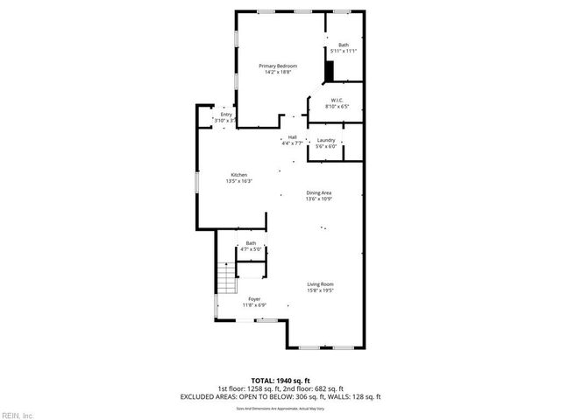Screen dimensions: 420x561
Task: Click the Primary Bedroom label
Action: pyautogui.click(x=277, y=66)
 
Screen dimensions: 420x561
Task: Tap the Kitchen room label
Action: pyautogui.click(x=239, y=175)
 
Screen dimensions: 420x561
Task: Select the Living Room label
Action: pyautogui.click(x=320, y=284)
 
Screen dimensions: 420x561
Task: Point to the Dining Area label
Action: pyautogui.click(x=318, y=192)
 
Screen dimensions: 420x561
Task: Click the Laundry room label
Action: pyautogui.click(x=326, y=140)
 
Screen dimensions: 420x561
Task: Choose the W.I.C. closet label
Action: pyautogui.click(x=337, y=101)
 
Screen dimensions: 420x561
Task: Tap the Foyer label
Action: pyautogui.click(x=253, y=299)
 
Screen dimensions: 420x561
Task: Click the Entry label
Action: pyautogui.click(x=226, y=114)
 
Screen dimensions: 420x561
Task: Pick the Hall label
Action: pyautogui.click(x=292, y=137)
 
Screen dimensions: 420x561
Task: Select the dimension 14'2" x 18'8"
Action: pyautogui.click(x=277, y=72)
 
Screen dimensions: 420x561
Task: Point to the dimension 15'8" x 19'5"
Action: pyautogui.click(x=320, y=290)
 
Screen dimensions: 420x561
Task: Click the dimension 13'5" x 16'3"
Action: pyautogui.click(x=240, y=181)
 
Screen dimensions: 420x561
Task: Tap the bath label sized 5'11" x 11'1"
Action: pyautogui.click(x=344, y=47)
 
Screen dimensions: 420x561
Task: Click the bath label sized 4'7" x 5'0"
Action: pyautogui.click(x=252, y=246)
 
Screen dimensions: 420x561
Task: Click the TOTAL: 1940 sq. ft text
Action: pyautogui.click(x=280, y=381)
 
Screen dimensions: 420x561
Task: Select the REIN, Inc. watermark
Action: pyautogui.click(x=17, y=415)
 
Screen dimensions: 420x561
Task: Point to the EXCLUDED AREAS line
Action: pyautogui.click(x=280, y=396)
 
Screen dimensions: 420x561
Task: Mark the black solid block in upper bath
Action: pyautogui.click(x=330, y=70)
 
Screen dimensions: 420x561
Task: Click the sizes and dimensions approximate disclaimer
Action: pyautogui.click(x=280, y=408)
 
